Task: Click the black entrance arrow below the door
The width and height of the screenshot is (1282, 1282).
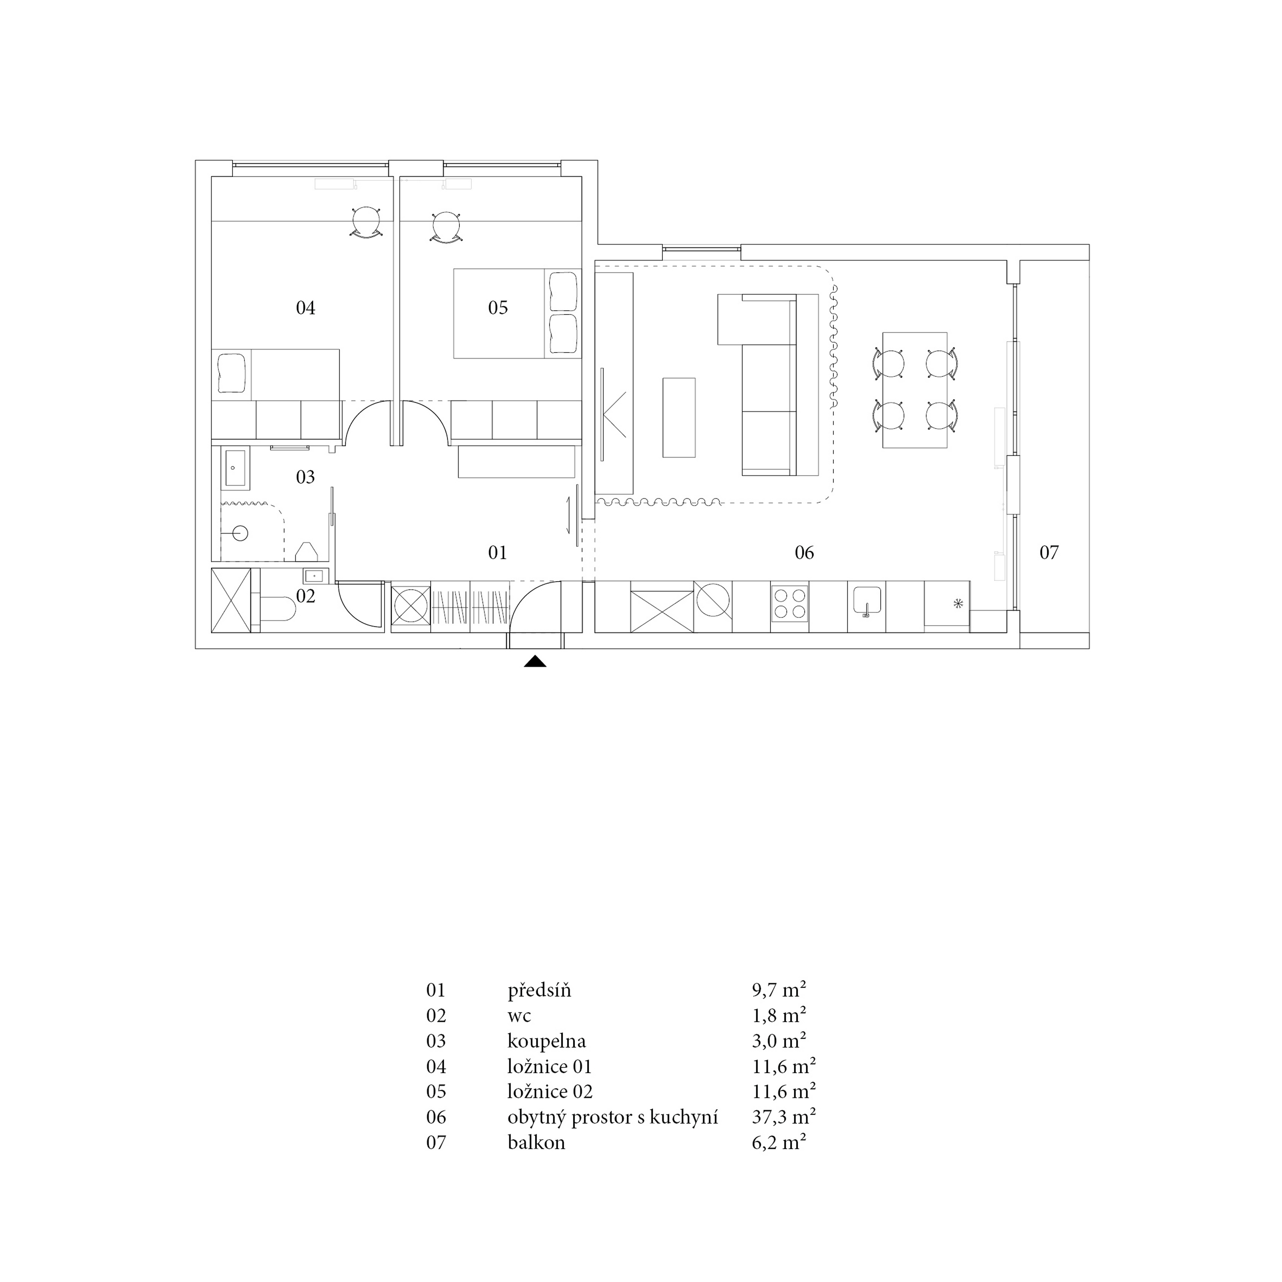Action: [535, 662]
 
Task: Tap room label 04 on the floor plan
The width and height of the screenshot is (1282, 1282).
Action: [305, 308]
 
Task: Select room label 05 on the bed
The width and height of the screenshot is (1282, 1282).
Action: [498, 308]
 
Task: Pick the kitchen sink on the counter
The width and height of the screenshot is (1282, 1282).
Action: [867, 602]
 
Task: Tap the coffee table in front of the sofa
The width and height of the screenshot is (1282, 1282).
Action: [679, 418]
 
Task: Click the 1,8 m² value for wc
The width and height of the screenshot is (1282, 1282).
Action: [779, 1016]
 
